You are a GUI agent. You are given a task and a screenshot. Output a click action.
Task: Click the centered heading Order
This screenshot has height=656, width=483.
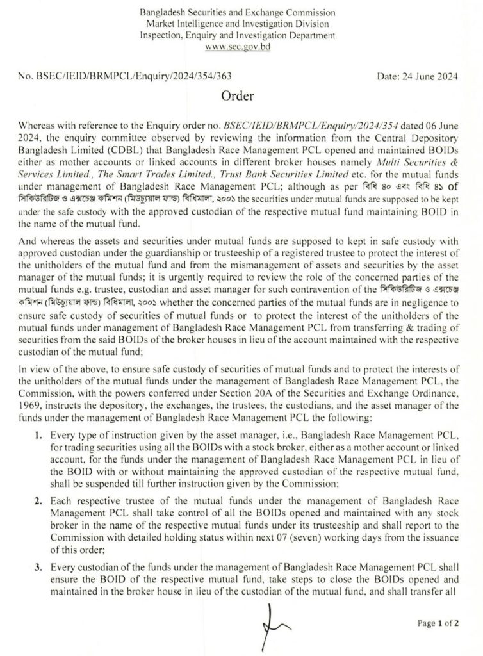tap(238, 97)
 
